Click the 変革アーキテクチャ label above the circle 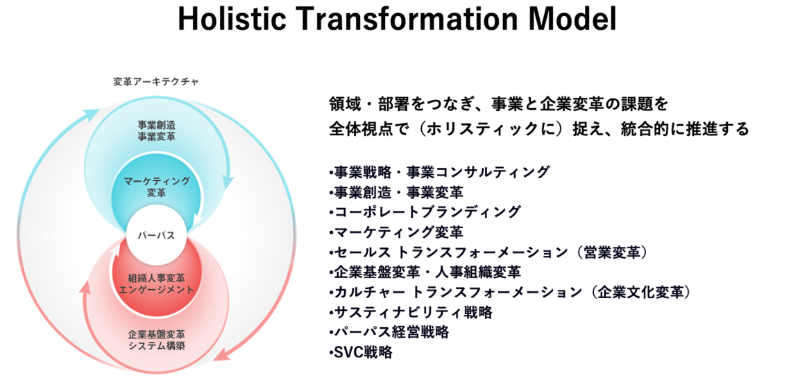point(156,82)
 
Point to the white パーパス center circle point(156,235)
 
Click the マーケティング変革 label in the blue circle point(156,186)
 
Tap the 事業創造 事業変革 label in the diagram point(156,130)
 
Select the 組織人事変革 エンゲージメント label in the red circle point(156,284)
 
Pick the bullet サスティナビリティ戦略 point(410,313)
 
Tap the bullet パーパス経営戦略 point(389,333)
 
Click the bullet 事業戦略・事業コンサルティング point(439,172)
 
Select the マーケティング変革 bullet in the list point(396,232)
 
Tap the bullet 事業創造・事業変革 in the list point(396,192)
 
